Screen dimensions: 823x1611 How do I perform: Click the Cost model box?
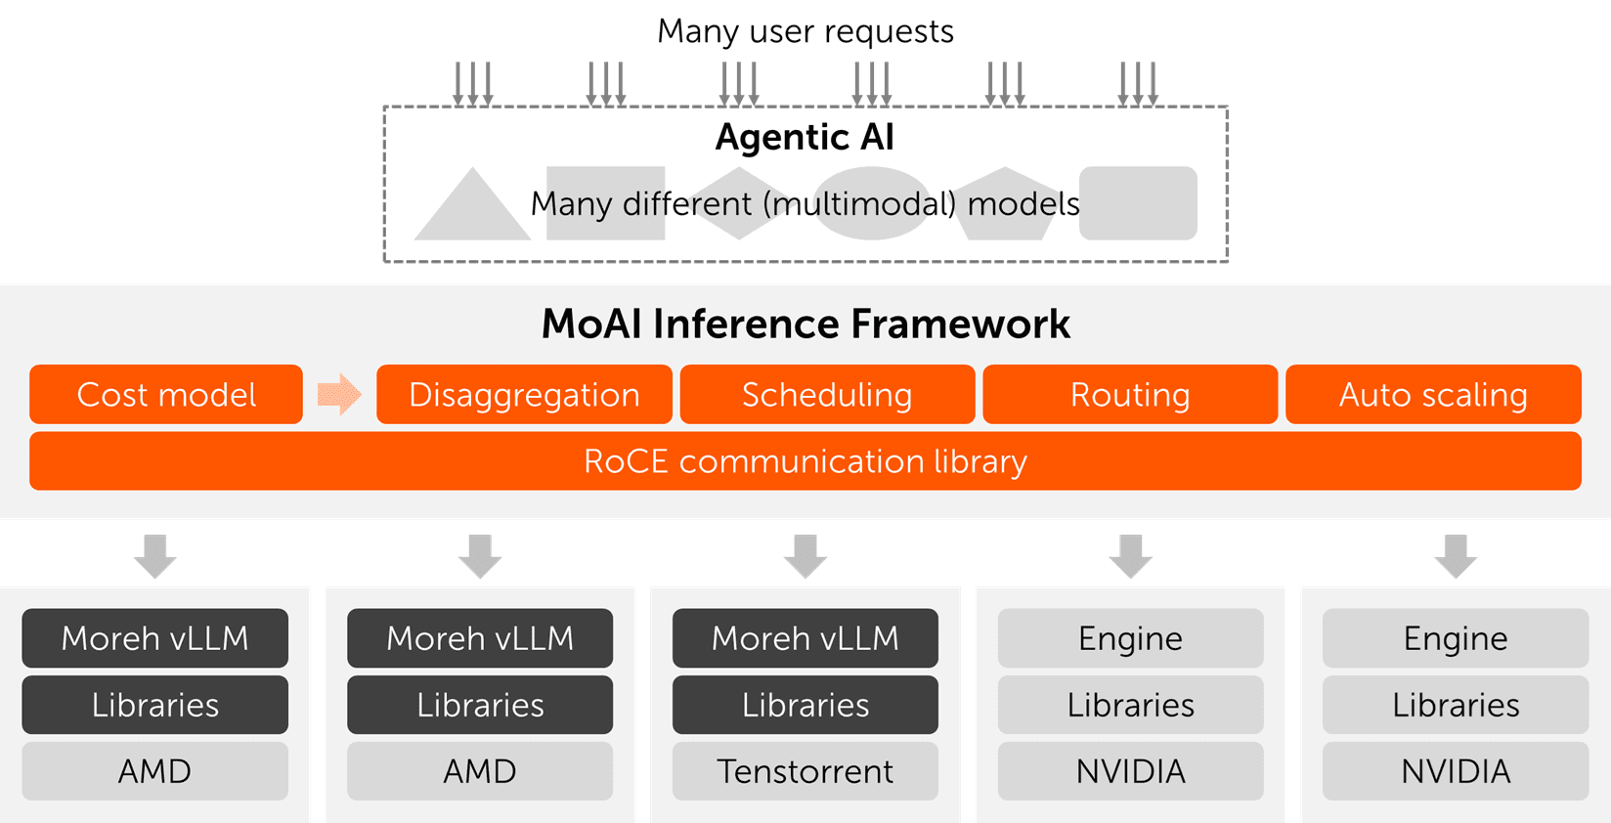[x=166, y=395]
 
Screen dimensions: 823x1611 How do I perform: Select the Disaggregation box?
[x=524, y=395]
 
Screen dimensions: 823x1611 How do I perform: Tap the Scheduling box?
[x=827, y=395]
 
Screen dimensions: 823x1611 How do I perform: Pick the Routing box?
[x=1130, y=395]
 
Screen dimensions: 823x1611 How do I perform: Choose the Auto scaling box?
[x=1433, y=395]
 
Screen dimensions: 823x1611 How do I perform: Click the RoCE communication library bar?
[x=805, y=461]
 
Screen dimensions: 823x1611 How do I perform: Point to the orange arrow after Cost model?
[x=339, y=394]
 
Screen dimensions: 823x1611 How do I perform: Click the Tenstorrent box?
[x=805, y=771]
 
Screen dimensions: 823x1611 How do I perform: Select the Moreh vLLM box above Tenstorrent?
[x=805, y=638]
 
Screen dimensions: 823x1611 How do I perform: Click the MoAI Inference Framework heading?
[x=805, y=324]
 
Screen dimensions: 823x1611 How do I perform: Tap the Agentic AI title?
[x=805, y=137]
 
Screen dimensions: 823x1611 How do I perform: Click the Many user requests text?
[x=805, y=31]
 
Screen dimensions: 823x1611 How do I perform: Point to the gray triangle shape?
[x=472, y=215]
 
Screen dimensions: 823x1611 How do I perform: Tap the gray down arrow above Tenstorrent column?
[x=805, y=555]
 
